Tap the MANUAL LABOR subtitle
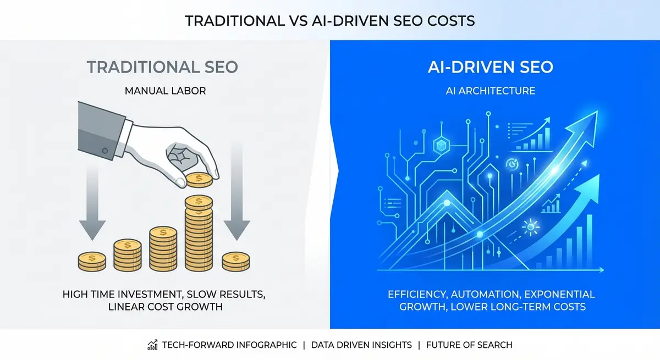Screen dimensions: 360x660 165,91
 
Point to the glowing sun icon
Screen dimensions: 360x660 530,226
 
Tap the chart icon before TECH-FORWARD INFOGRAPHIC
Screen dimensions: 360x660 153,345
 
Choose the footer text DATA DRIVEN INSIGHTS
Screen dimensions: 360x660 361,345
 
